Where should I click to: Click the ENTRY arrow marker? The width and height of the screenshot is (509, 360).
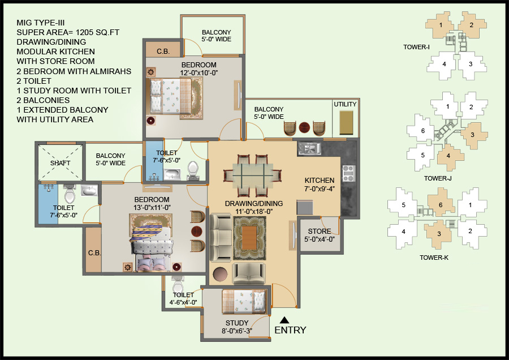(285, 319)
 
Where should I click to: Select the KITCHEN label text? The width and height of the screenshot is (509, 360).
(319, 181)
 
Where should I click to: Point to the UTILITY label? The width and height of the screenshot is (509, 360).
(345, 105)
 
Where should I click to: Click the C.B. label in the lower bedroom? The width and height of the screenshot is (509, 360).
(94, 252)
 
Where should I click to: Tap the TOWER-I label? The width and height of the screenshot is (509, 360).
(417, 46)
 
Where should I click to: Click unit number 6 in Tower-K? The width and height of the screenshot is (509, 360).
(438, 205)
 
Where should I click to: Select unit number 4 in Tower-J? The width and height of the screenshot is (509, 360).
(448, 156)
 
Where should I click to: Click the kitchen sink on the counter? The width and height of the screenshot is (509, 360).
(310, 148)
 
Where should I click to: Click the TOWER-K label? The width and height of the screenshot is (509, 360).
(434, 258)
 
